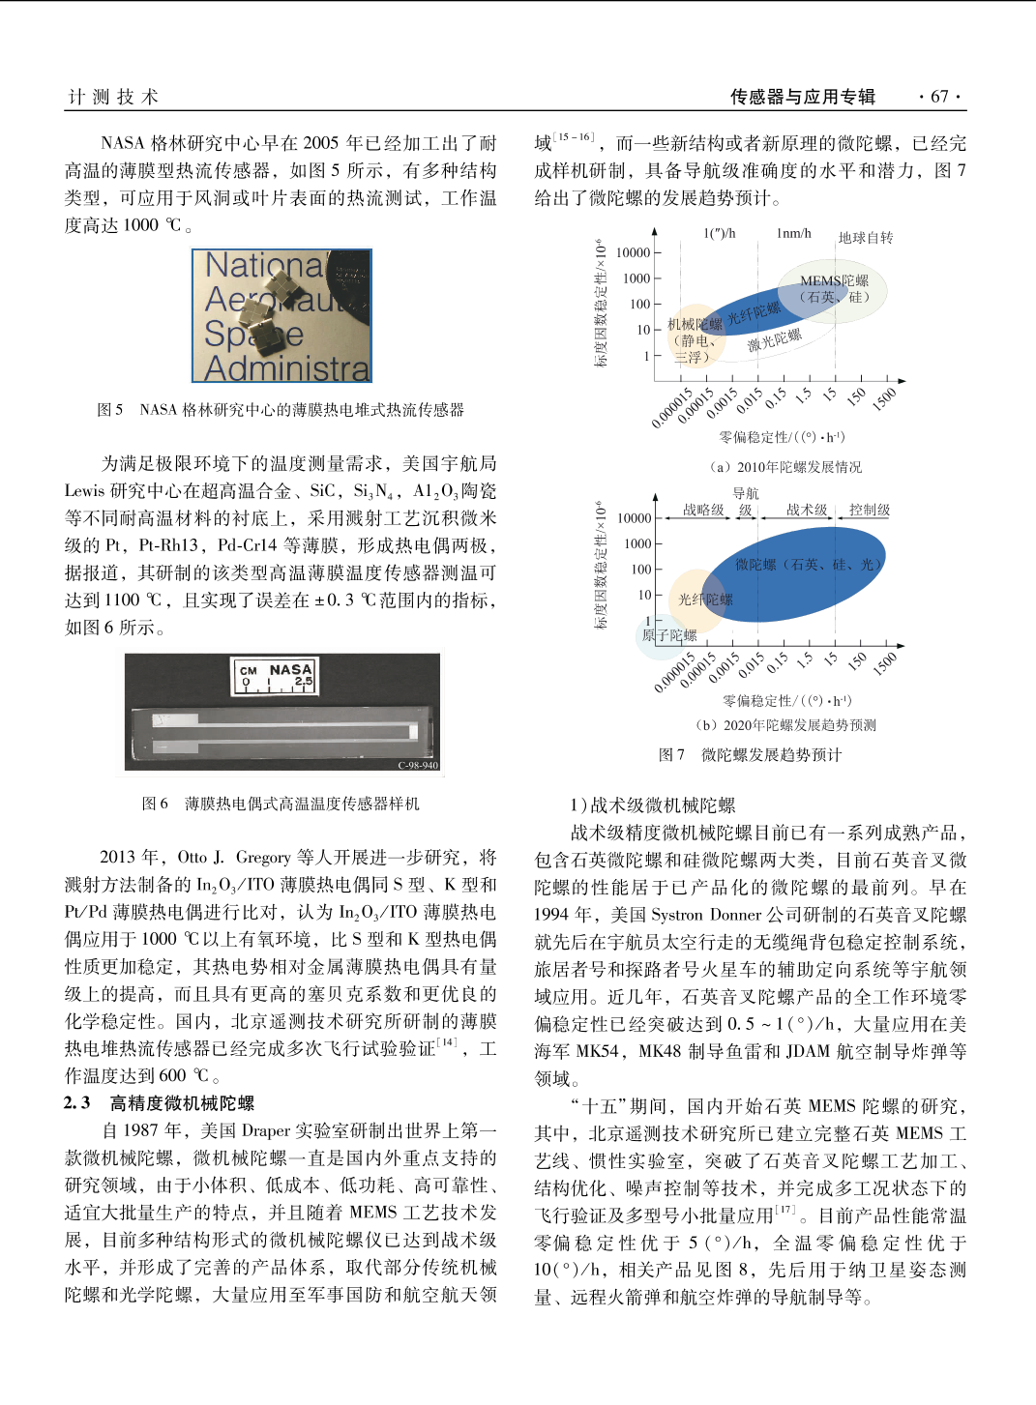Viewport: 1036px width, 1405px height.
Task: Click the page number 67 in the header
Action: click(939, 97)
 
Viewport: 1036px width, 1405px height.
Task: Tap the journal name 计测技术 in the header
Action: click(113, 97)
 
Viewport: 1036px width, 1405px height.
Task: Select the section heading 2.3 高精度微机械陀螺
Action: click(160, 1103)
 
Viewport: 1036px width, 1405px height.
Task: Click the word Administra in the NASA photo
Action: click(287, 367)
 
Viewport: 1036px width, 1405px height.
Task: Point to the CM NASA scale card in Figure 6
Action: click(276, 676)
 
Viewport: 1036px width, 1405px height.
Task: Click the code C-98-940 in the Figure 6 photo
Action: click(418, 765)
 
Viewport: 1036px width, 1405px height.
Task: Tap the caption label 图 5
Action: click(110, 410)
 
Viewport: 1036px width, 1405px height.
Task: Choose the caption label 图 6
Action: click(155, 804)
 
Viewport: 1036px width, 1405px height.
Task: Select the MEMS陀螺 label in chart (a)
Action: click(834, 281)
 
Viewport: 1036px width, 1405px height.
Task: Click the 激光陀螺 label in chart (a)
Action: click(774, 340)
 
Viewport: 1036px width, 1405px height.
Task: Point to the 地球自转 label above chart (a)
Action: click(866, 238)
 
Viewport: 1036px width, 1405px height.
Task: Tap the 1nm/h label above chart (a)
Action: click(793, 233)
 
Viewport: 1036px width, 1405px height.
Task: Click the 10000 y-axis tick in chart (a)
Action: click(634, 252)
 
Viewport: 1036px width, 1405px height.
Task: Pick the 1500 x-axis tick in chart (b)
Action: click(884, 663)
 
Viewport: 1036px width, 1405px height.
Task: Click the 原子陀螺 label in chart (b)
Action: click(669, 635)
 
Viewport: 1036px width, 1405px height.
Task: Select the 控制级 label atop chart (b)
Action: click(870, 510)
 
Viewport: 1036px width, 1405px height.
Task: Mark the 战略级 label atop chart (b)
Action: click(703, 510)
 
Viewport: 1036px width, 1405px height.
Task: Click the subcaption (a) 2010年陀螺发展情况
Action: click(785, 467)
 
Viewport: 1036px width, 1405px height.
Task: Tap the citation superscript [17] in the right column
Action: click(784, 1211)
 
